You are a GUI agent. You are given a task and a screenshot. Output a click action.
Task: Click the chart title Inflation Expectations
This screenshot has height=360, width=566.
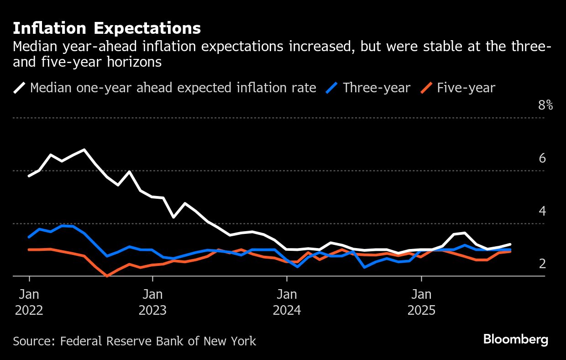(x=107, y=28)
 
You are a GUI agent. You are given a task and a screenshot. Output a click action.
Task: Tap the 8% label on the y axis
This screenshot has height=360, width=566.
(x=545, y=106)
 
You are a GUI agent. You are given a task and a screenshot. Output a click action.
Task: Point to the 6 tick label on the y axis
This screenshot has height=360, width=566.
(x=542, y=159)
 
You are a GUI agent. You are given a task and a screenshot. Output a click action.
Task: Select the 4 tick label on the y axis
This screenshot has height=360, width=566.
(x=542, y=211)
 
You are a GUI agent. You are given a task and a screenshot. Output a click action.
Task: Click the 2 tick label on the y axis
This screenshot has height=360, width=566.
(x=542, y=264)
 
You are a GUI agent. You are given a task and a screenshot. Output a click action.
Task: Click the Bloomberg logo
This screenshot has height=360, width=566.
(x=515, y=339)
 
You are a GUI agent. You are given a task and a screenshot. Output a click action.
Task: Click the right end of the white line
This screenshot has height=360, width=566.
(x=510, y=244)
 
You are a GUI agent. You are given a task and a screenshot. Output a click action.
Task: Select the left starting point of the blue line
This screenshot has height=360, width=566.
(x=29, y=237)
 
